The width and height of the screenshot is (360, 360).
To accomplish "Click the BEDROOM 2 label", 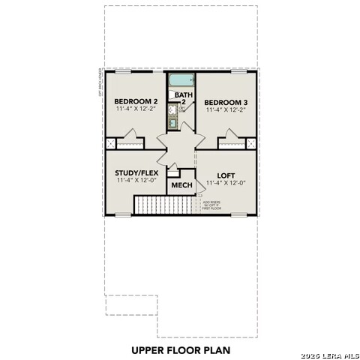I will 135,101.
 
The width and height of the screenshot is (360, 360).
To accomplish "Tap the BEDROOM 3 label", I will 226,101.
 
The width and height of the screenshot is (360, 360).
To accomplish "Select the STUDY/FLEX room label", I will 136,172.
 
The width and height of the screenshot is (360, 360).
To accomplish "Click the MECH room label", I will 181,185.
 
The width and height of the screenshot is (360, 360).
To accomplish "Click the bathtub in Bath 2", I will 181,80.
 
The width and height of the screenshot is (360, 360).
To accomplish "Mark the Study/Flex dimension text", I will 136,181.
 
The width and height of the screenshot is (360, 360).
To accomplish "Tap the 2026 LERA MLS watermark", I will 329,355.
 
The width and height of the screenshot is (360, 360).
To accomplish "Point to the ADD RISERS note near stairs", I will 210,204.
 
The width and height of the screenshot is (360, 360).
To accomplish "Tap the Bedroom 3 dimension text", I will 226,109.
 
